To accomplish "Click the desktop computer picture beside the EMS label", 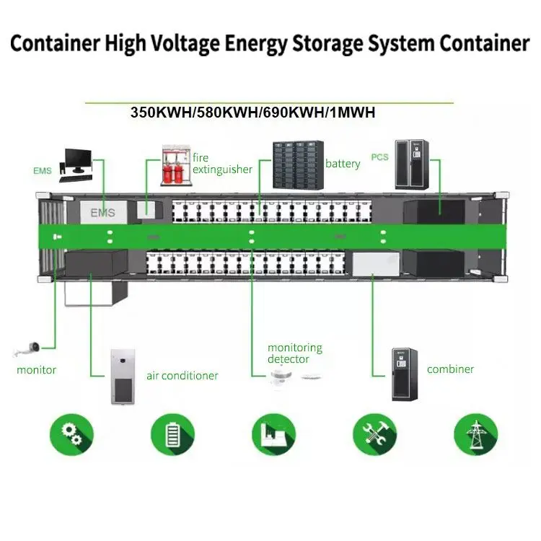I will click(77, 164).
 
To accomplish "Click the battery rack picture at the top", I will click(296, 163).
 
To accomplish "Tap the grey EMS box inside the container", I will click(103, 212).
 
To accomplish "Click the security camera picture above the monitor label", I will click(29, 350).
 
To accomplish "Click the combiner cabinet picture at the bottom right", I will click(405, 374).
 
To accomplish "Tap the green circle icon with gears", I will click(71, 434).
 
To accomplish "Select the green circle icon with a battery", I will click(172, 434).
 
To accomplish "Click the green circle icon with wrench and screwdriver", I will click(374, 434).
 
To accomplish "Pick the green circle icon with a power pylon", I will click(475, 434).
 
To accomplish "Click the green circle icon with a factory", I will click(273, 434).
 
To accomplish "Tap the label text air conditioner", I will click(182, 376).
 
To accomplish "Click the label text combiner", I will click(450, 369).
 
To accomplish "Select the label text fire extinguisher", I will click(222, 164).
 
